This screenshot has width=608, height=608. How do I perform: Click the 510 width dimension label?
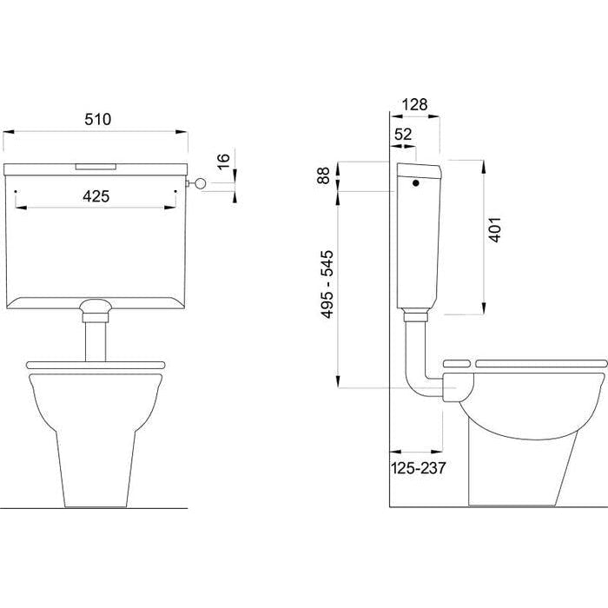click(x=97, y=119)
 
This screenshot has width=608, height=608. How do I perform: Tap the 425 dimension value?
click(x=96, y=196)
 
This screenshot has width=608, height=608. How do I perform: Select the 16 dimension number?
click(x=224, y=161)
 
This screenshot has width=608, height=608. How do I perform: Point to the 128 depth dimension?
click(x=414, y=104)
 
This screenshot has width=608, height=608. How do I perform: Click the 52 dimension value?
click(x=403, y=134)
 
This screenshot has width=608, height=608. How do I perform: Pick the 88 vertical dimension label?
click(x=323, y=175)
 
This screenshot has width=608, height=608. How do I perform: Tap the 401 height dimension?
click(x=495, y=230)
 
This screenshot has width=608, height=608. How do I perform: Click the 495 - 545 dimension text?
click(x=327, y=284)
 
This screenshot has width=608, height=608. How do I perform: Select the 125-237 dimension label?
click(x=418, y=468)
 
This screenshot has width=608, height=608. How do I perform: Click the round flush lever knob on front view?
click(x=200, y=183)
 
